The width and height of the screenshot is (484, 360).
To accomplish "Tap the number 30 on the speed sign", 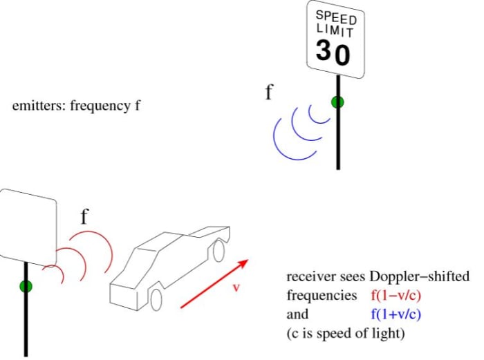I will [333, 53].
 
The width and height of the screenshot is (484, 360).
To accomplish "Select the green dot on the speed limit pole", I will [338, 102].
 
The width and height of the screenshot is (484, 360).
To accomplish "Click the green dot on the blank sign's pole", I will [26, 286].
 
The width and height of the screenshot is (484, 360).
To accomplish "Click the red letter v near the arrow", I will [235, 287].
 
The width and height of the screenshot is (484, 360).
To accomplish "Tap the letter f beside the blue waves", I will [269, 93].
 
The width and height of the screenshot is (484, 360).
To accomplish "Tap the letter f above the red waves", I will [84, 217].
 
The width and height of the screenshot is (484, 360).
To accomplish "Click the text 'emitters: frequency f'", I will [76, 107].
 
